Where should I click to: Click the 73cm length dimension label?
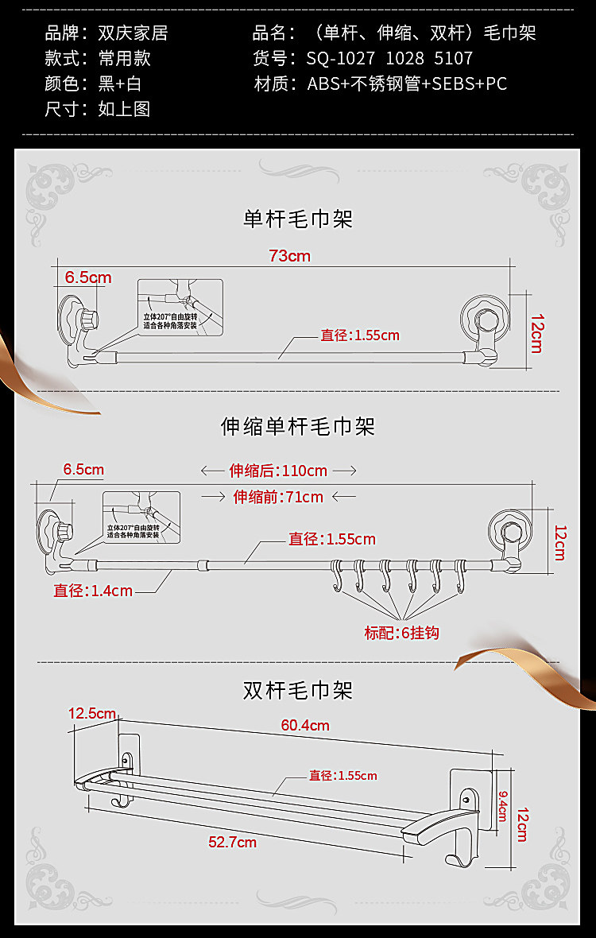[x=289, y=256]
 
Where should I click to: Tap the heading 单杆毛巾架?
[x=297, y=219]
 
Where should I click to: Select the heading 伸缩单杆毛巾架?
[x=297, y=427]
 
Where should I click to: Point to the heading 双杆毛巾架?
[x=297, y=690]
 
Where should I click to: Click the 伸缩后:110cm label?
[x=278, y=471]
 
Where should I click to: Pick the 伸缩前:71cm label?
[x=278, y=497]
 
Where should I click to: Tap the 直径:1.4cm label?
[x=93, y=591]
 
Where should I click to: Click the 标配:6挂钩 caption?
[x=401, y=634]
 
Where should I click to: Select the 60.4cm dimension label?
[x=305, y=725]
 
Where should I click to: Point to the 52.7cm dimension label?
[x=232, y=842]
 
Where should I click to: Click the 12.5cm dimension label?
[x=92, y=713]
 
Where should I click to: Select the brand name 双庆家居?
[x=133, y=33]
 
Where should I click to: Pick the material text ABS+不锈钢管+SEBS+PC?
[x=407, y=84]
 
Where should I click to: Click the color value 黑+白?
[x=120, y=84]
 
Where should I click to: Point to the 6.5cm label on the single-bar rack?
[x=88, y=277]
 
